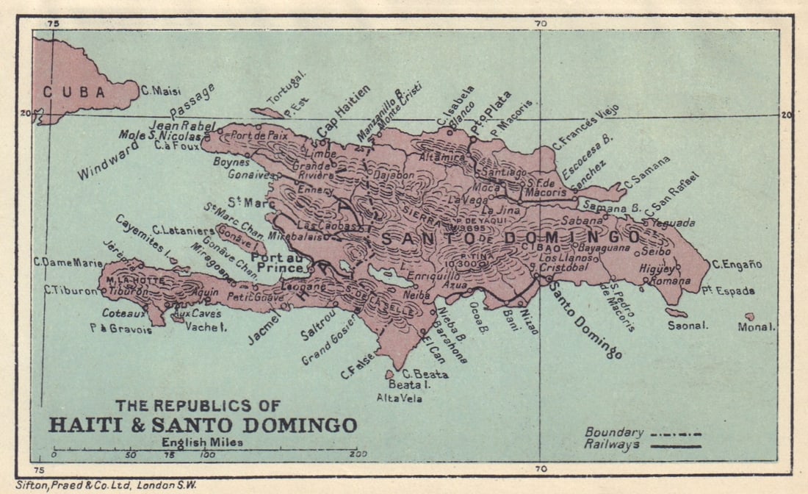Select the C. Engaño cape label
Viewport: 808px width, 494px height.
[x=737, y=265]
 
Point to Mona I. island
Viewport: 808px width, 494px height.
[x=749, y=316]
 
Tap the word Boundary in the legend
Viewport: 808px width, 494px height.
[x=614, y=432]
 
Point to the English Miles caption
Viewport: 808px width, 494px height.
[x=206, y=442]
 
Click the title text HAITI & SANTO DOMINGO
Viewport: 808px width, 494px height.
[x=203, y=425]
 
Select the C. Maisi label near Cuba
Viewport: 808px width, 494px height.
[x=156, y=91]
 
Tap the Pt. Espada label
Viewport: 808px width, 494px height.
[x=732, y=291]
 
